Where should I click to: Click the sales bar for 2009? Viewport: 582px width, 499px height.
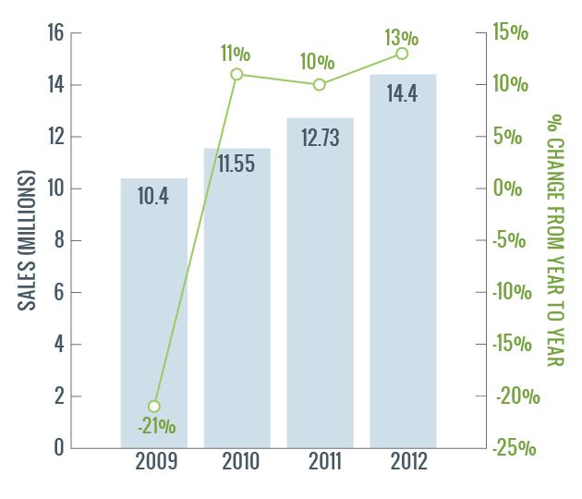154,305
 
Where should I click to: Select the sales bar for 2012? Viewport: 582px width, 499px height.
403,268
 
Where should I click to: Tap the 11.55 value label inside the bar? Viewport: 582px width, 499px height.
237,164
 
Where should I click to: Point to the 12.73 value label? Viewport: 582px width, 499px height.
320,137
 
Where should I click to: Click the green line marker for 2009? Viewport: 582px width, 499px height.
154,407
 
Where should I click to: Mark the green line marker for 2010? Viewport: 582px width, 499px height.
236,74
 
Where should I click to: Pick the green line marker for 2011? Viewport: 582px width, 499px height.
320,85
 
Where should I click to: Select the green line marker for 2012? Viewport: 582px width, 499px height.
402,54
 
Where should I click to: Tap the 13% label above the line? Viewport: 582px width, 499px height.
402,37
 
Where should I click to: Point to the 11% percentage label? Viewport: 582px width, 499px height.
236,54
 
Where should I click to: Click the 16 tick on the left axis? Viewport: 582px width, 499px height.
55,33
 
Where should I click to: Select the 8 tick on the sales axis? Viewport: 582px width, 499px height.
58,240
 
